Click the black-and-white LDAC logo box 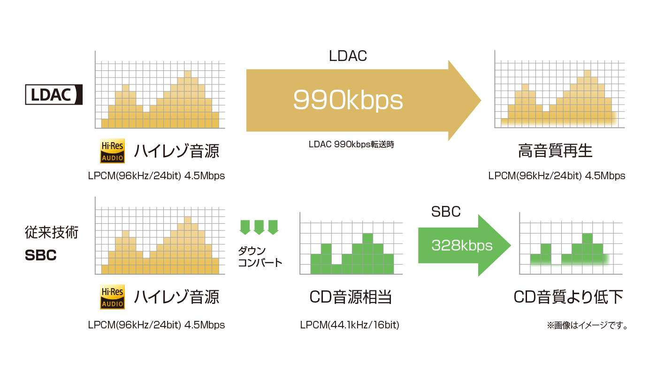54,94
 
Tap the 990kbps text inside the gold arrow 348,100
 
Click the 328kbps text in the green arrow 462,245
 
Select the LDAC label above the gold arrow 348,56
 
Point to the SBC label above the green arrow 446,212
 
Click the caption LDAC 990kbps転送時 351,144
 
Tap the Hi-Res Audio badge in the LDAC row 112,151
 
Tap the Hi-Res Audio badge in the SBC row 112,296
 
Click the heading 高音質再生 555,151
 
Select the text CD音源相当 351,296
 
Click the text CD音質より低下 568,296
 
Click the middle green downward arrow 259,227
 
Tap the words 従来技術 52,232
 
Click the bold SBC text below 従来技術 41,255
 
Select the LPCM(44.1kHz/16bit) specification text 350,325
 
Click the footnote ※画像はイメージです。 587,325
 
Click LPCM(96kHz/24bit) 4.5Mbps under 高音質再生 557,175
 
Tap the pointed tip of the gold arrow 481,100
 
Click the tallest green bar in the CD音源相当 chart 368,254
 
